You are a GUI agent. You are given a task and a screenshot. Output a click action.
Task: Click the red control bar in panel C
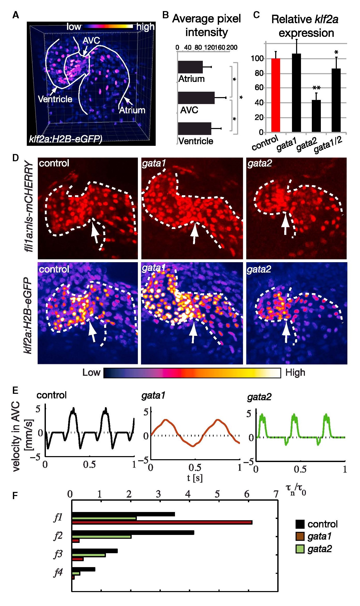click(275, 95)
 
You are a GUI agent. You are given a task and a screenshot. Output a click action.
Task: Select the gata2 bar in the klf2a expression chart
click(316, 116)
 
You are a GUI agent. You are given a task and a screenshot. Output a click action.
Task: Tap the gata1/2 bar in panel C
click(336, 100)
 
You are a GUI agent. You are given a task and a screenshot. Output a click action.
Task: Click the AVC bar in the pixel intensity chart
click(196, 98)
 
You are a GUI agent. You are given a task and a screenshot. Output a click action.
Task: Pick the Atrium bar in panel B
click(190, 67)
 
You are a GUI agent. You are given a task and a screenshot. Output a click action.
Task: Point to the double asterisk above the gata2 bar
click(316, 88)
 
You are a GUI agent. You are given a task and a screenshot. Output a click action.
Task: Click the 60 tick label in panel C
click(259, 88)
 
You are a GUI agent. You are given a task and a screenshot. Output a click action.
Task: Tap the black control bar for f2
click(133, 533)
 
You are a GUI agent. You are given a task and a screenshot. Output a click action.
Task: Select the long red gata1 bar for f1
click(162, 522)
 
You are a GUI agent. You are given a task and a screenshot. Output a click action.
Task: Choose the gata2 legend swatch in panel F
click(300, 549)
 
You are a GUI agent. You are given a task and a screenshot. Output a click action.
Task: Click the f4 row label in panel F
click(58, 572)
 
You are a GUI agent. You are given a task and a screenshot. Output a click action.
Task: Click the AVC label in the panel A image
click(91, 41)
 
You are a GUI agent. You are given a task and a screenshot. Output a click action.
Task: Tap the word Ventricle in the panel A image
click(55, 99)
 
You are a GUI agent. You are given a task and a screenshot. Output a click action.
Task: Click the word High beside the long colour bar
click(295, 373)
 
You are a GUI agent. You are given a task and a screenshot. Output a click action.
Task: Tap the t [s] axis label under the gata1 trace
click(195, 478)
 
